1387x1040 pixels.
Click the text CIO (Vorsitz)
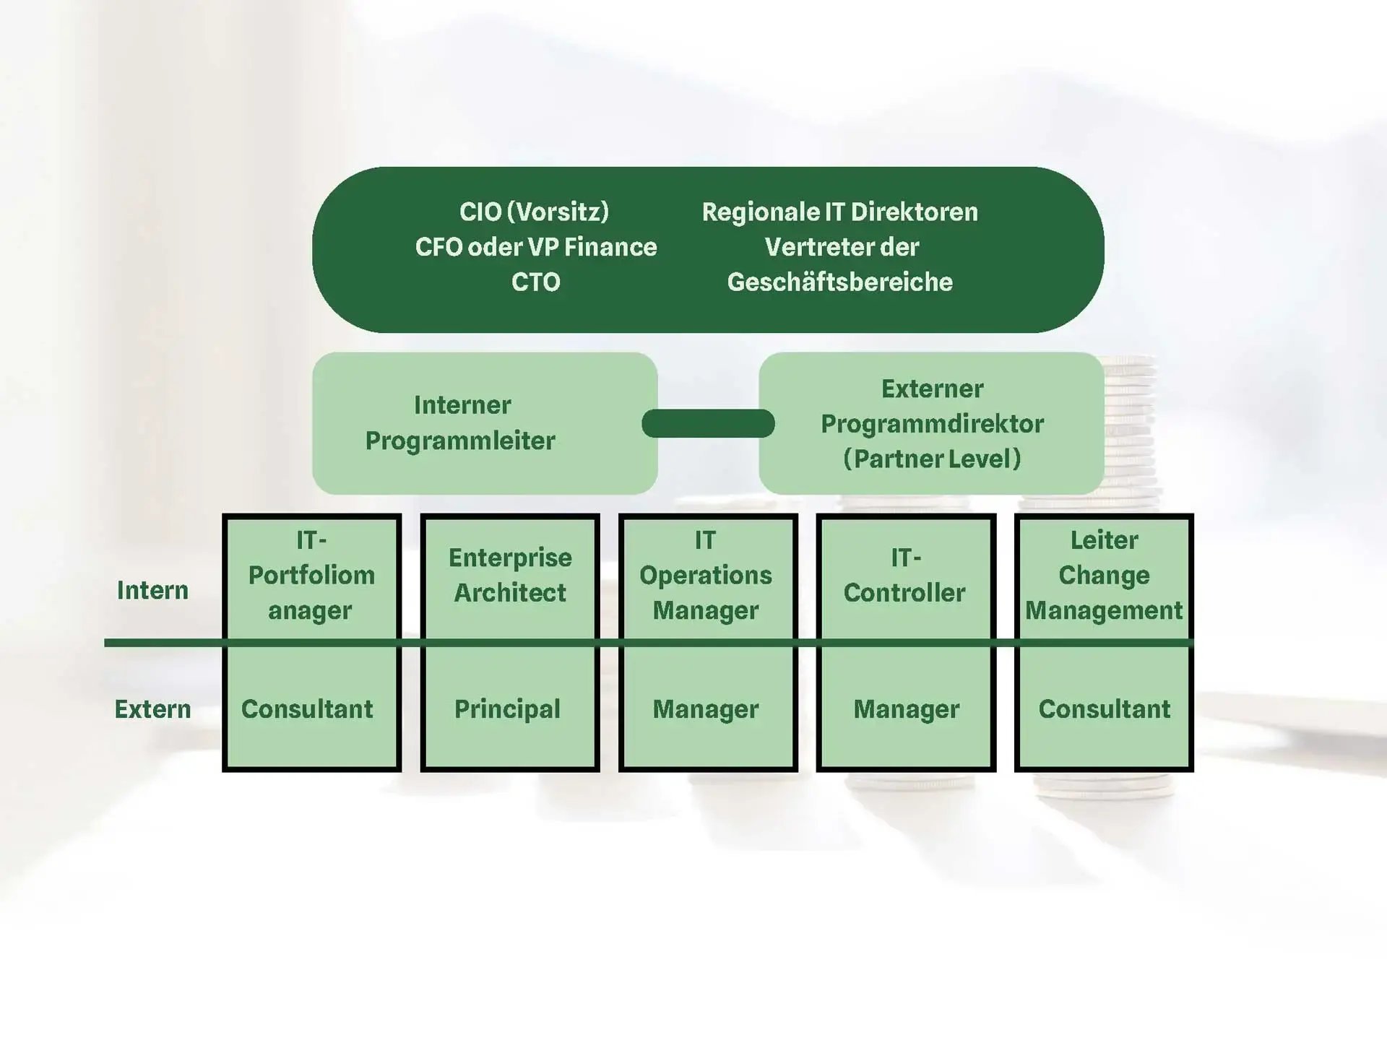pyautogui.click(x=534, y=212)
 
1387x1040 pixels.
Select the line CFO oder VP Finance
pyautogui.click(x=535, y=247)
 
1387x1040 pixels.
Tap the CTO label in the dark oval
pyautogui.click(x=535, y=282)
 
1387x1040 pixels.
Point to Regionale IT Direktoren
pyautogui.click(x=839, y=212)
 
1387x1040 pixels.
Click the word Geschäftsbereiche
pyautogui.click(x=839, y=282)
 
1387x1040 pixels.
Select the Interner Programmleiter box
pyautogui.click(x=484, y=423)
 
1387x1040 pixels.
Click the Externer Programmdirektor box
pyautogui.click(x=931, y=423)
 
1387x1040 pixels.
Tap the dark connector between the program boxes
pyautogui.click(x=708, y=423)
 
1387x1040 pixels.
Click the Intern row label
pyautogui.click(x=152, y=590)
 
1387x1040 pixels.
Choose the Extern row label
pyautogui.click(x=152, y=709)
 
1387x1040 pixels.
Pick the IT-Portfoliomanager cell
pyautogui.click(x=311, y=576)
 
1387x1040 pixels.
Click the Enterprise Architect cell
pyautogui.click(x=510, y=576)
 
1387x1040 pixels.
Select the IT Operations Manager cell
pyautogui.click(x=706, y=576)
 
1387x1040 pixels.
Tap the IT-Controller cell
pyautogui.click(x=904, y=576)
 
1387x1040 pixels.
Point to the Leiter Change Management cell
pyautogui.click(x=1104, y=576)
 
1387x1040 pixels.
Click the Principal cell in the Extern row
pyautogui.click(x=507, y=709)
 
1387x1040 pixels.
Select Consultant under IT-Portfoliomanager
pyautogui.click(x=307, y=709)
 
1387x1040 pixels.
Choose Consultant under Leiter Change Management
pyautogui.click(x=1104, y=709)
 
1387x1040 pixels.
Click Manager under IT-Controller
pyautogui.click(x=906, y=709)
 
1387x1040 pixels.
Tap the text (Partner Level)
pyautogui.click(x=932, y=459)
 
